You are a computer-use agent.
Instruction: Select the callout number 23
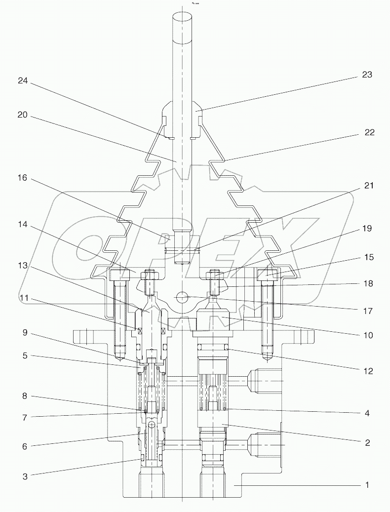[366, 75]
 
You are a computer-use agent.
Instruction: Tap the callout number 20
[23, 116]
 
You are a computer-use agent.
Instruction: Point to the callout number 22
[369, 132]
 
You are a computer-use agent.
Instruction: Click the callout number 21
[369, 186]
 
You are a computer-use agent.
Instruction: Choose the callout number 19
[366, 229]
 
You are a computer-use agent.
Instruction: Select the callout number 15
[369, 257]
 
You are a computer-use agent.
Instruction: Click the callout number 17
[366, 312]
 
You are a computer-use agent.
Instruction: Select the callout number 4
[366, 413]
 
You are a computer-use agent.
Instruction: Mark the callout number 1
[367, 485]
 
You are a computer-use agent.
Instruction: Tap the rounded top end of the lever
[182, 17]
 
